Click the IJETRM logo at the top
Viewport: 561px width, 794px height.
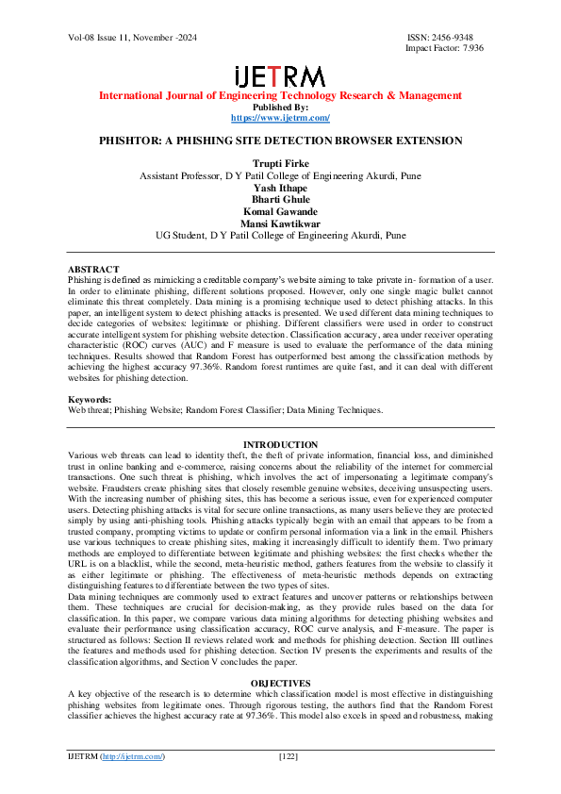[280, 76]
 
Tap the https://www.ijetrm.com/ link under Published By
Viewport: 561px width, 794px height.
[280, 118]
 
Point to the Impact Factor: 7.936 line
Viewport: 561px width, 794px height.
[444, 48]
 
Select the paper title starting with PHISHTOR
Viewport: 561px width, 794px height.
[280, 141]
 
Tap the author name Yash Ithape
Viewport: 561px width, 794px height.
[280, 188]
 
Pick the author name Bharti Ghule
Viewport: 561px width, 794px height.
[280, 200]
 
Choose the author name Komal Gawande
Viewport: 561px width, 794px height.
[280, 212]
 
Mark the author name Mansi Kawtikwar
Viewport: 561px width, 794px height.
[280, 223]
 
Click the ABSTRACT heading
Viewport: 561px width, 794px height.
[93, 270]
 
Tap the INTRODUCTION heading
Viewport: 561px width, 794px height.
[280, 444]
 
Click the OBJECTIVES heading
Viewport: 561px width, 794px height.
[280, 682]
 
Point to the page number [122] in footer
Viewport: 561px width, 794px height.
[289, 756]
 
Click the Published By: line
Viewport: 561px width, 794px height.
[280, 107]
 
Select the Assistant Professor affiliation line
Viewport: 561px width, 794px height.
[280, 176]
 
